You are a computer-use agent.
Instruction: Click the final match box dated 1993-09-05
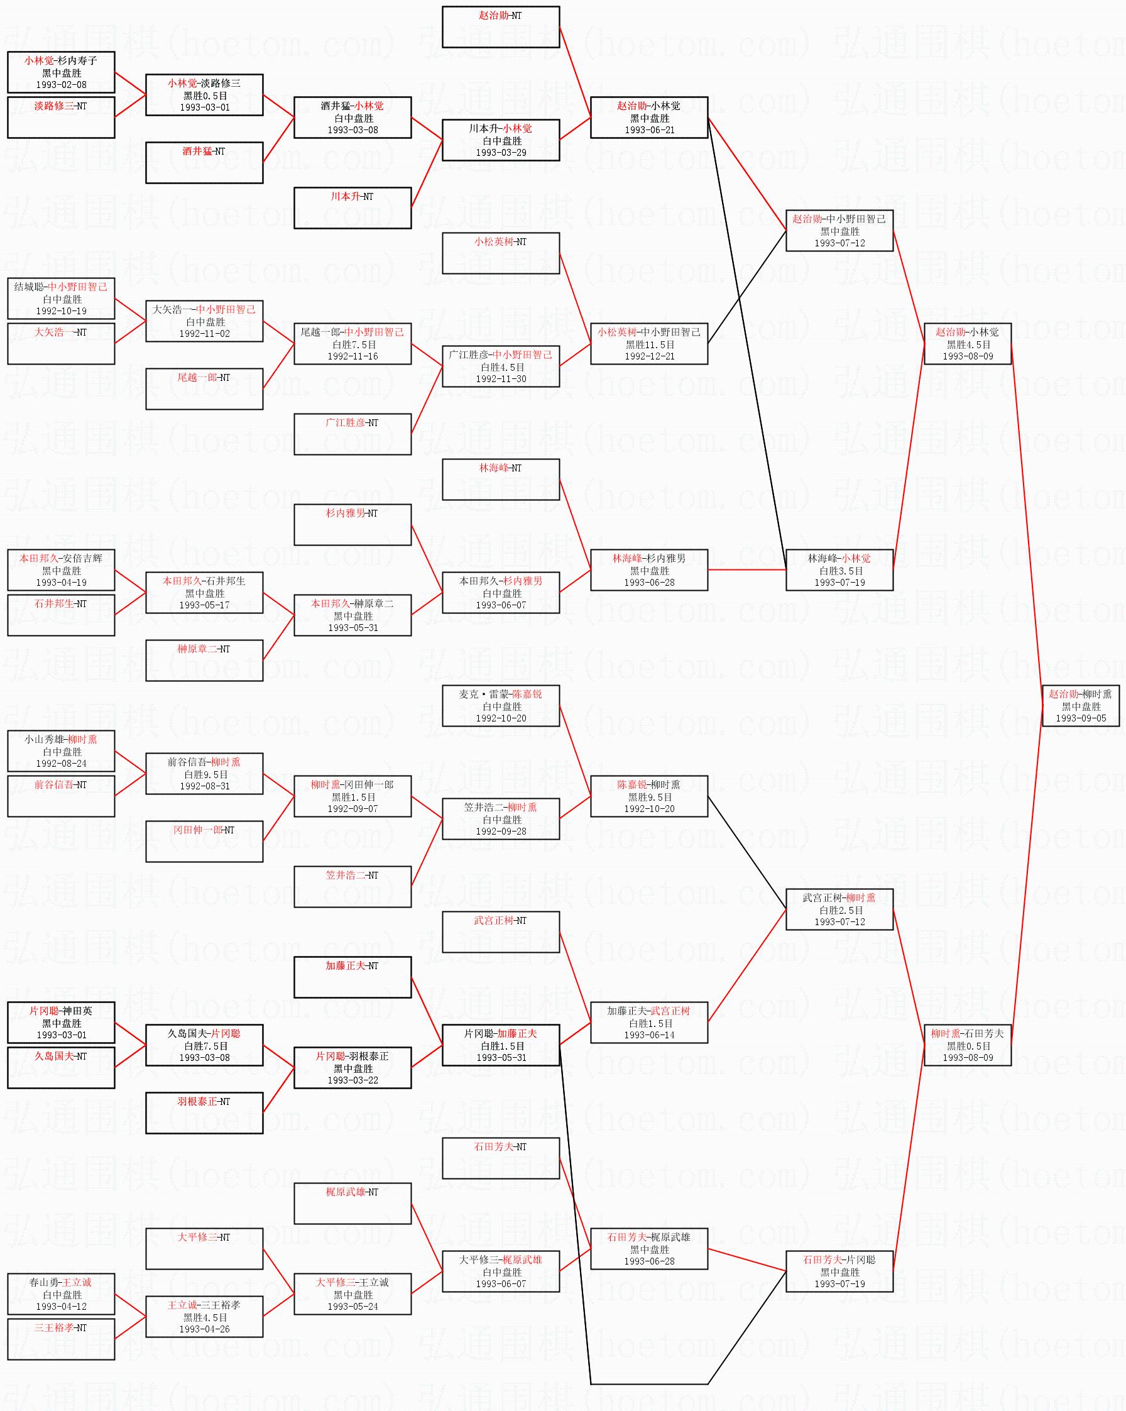click(x=1081, y=705)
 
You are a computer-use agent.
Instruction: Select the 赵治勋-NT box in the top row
click(x=501, y=27)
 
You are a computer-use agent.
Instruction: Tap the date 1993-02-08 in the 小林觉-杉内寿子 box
click(x=61, y=85)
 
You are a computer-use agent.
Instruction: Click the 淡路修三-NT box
click(x=61, y=117)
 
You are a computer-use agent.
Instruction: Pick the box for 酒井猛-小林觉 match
click(x=352, y=117)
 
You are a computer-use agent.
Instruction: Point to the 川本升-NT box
click(x=352, y=207)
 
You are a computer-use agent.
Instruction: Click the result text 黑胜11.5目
click(x=649, y=344)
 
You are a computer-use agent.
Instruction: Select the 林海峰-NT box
click(x=501, y=479)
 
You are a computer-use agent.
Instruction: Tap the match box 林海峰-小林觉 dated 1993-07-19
click(x=839, y=570)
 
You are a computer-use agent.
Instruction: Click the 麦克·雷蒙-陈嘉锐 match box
click(x=501, y=705)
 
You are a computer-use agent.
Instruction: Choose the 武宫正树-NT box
click(x=501, y=932)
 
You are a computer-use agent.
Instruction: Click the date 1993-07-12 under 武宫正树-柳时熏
click(x=839, y=922)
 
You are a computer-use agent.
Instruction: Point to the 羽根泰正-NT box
click(x=204, y=1112)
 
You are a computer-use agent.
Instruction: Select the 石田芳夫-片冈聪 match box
click(x=839, y=1271)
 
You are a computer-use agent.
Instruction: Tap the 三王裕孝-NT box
click(x=61, y=1339)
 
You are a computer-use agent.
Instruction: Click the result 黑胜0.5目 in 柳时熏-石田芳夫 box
click(x=968, y=1046)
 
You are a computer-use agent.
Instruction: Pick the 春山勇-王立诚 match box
click(x=61, y=1294)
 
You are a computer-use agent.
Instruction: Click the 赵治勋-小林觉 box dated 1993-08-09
click(x=967, y=344)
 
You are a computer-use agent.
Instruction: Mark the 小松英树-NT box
click(x=501, y=253)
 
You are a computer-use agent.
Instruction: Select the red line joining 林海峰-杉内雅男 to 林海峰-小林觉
click(x=746, y=570)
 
